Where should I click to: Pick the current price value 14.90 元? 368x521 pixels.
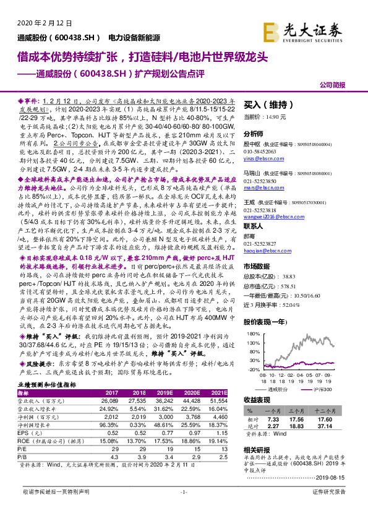coord(273,117)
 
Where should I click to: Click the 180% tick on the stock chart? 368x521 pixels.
coord(254,333)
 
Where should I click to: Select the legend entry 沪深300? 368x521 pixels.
coord(322,390)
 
